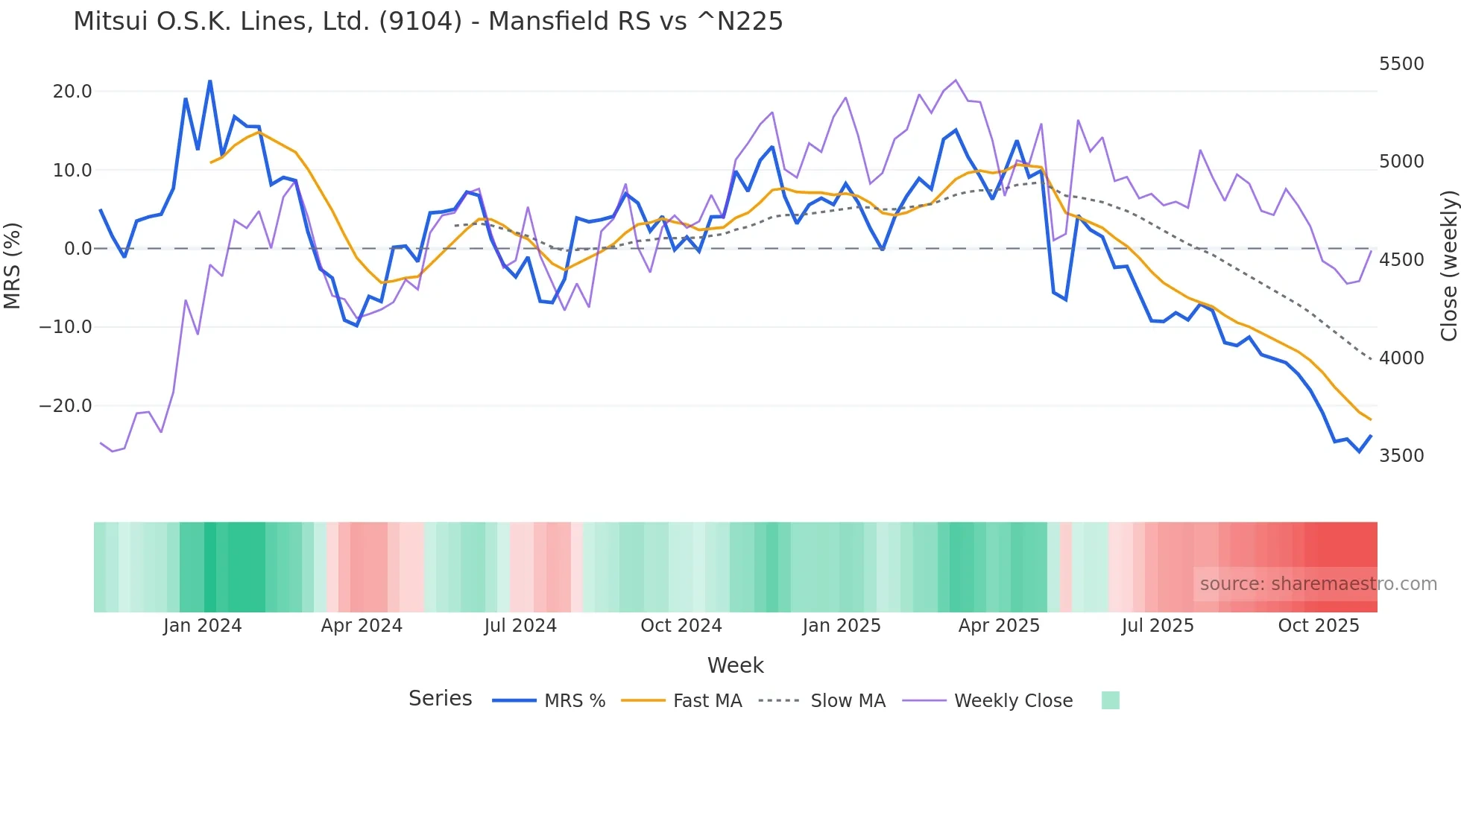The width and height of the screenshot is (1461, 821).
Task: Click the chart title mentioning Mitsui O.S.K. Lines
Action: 428,22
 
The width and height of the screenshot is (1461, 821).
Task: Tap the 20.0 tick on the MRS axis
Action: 72,92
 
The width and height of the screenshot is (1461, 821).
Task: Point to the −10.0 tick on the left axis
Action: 66,327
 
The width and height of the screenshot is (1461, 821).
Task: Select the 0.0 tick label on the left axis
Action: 78,249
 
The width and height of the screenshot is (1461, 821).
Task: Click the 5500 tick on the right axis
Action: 1401,64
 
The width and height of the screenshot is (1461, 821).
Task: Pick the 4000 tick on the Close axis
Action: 1401,358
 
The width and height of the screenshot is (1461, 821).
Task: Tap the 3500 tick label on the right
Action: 1401,456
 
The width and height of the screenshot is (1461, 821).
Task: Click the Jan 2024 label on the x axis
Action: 203,626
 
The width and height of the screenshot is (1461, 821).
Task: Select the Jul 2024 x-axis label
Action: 520,626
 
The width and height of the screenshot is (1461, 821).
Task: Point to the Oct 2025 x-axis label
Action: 1319,626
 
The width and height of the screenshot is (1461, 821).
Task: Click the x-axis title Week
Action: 735,665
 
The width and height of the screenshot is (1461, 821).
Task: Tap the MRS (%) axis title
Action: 13,265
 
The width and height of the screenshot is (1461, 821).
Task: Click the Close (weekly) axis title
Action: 1448,266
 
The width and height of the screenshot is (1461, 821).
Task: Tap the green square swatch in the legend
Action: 1110,700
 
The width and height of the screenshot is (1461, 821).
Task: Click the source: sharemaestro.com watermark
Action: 1318,584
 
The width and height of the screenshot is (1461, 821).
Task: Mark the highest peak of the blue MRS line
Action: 210,81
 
